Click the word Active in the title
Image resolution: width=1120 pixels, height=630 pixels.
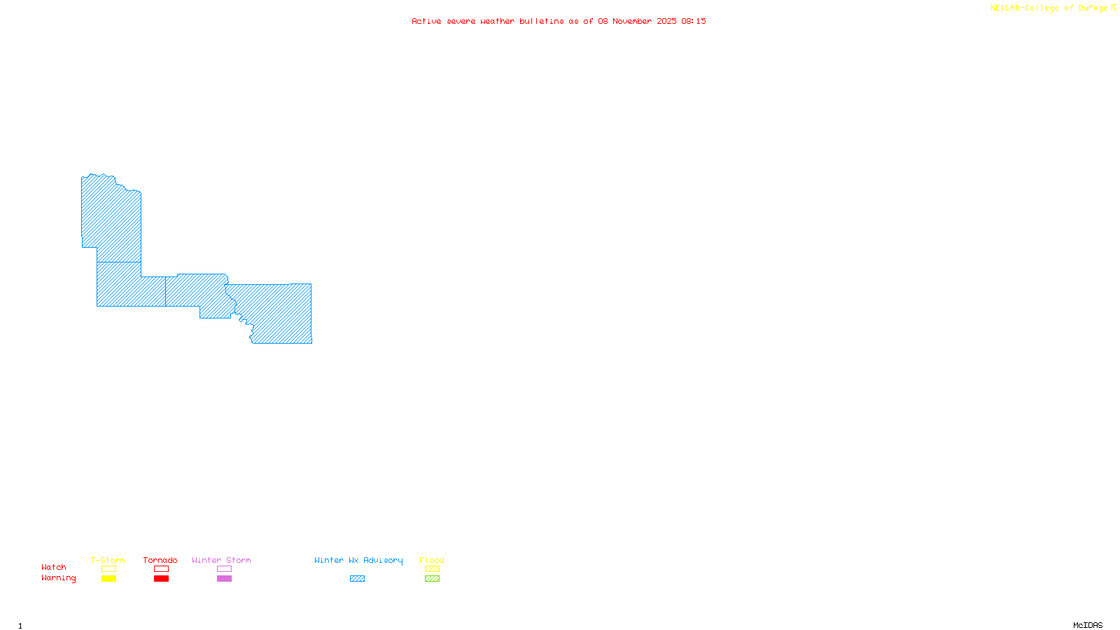426,21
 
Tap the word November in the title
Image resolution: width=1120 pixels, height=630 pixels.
632,21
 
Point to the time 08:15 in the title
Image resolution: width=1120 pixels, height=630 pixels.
693,21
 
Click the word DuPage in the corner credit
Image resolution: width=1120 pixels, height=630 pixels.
1093,8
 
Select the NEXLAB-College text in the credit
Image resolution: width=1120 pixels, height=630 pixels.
1025,8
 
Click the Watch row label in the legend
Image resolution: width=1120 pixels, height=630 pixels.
54,567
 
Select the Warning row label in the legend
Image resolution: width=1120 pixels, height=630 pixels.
58,578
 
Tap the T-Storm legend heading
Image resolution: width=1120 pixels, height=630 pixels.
108,560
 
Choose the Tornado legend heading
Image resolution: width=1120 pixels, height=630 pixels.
160,560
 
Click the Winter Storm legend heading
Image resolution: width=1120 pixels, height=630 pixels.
221,560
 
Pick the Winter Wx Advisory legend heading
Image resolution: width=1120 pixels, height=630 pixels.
358,560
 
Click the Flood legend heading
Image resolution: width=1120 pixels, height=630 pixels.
432,560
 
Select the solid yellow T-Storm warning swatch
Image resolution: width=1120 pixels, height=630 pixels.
108,579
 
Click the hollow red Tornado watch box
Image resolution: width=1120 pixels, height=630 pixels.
161,569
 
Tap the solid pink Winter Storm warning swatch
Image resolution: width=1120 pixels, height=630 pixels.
224,579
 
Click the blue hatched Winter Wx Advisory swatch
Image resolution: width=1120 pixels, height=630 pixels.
357,579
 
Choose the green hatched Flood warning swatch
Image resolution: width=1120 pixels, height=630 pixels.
433,579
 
